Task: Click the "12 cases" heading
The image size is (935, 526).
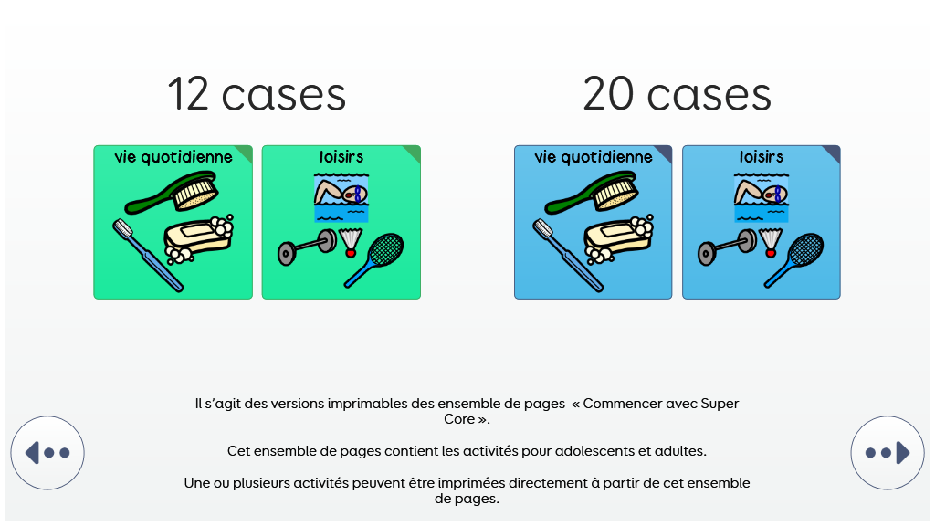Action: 257,94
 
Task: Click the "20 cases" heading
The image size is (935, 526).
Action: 677,94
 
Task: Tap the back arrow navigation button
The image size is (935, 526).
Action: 47,453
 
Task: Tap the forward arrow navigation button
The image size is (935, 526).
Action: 888,453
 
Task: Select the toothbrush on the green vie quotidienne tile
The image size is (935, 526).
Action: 148,256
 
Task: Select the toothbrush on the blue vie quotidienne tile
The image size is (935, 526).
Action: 568,256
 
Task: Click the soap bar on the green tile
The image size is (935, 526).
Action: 198,239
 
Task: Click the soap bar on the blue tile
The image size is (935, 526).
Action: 618,239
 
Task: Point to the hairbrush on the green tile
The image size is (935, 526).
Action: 172,192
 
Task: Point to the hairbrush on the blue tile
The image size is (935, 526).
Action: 592,192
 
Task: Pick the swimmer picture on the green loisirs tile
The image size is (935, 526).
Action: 341,197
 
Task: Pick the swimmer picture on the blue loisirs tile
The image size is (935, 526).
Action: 761,197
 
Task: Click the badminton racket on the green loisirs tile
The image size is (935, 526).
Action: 374,260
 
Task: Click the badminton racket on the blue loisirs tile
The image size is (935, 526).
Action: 794,260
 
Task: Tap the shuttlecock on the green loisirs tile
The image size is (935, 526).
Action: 351,242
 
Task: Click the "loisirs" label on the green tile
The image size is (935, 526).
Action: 341,157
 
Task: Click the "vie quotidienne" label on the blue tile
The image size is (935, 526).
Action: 594,157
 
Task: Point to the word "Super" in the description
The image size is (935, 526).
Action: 720,404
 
